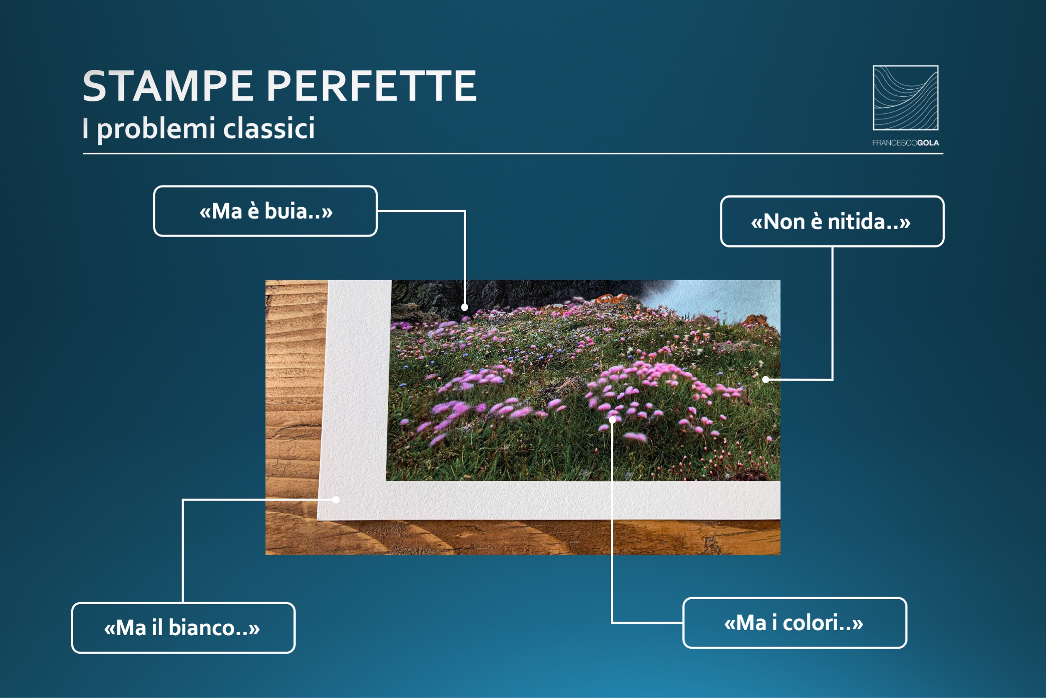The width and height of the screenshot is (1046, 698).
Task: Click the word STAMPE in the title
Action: (168, 86)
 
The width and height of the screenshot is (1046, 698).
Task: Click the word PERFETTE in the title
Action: (372, 86)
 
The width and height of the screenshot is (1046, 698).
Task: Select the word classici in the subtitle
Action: (269, 129)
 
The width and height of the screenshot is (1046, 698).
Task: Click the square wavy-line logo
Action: (905, 98)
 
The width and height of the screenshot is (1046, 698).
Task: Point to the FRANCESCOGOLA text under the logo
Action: (905, 143)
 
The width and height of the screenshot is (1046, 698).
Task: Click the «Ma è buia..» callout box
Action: (266, 211)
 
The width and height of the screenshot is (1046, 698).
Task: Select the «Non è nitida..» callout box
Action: (832, 221)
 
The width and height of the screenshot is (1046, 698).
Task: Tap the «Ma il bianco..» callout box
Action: (183, 628)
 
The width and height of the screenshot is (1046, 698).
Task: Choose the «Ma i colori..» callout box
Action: (795, 623)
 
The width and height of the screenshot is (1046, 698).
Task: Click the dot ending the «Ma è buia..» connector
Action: (464, 307)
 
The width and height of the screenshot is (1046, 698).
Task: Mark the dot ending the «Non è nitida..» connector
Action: (765, 379)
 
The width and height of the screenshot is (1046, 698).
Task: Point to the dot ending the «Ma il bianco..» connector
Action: (337, 500)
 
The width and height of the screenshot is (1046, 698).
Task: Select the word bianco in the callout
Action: (202, 628)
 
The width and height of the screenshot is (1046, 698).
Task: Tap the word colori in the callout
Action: (811, 623)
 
